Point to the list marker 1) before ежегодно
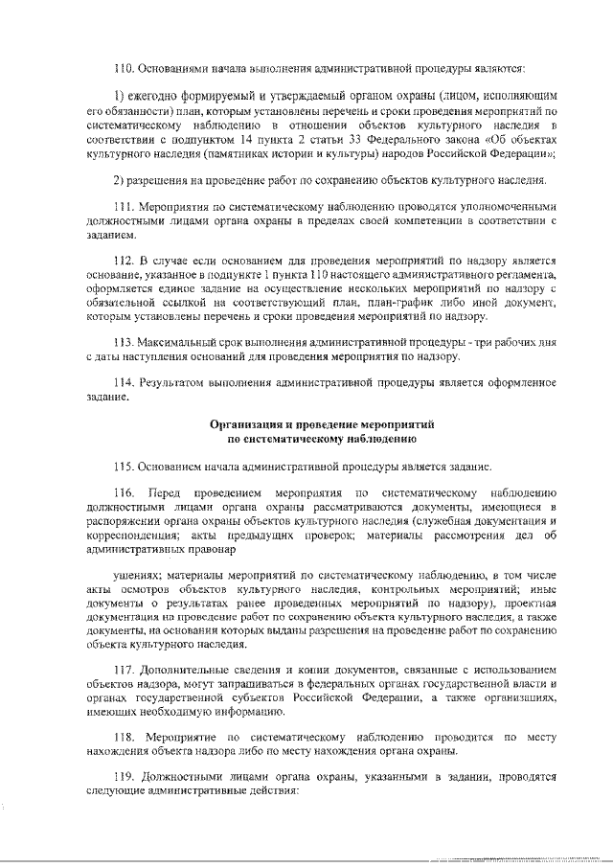(118, 97)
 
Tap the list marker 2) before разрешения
(118, 179)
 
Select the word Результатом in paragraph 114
(175, 384)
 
